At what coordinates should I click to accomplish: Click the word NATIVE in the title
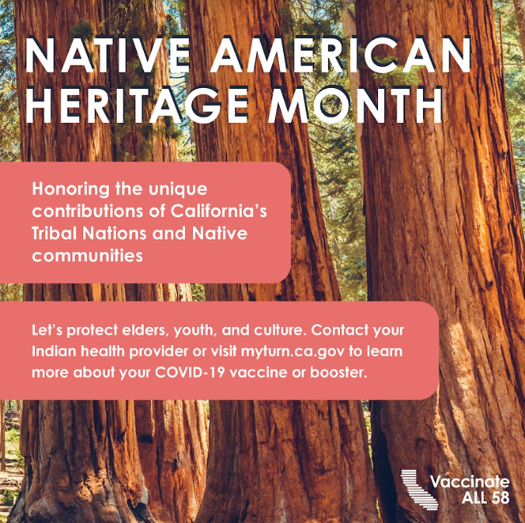click(107, 55)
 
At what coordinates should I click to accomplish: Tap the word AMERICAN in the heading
click(341, 55)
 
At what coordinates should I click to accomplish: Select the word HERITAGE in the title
click(137, 105)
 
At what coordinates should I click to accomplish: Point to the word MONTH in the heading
click(355, 105)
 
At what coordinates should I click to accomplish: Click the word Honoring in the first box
click(71, 190)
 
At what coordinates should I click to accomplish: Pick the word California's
click(219, 211)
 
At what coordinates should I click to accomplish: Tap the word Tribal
click(55, 233)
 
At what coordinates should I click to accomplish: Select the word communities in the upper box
click(87, 255)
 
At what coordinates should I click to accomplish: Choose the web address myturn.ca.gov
click(292, 352)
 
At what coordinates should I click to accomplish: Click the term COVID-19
click(190, 372)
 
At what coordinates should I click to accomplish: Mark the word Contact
click(340, 330)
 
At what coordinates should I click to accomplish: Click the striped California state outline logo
click(419, 490)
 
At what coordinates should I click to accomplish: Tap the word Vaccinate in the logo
click(470, 482)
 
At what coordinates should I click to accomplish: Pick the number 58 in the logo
click(499, 497)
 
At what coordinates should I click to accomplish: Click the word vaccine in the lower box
click(258, 373)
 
